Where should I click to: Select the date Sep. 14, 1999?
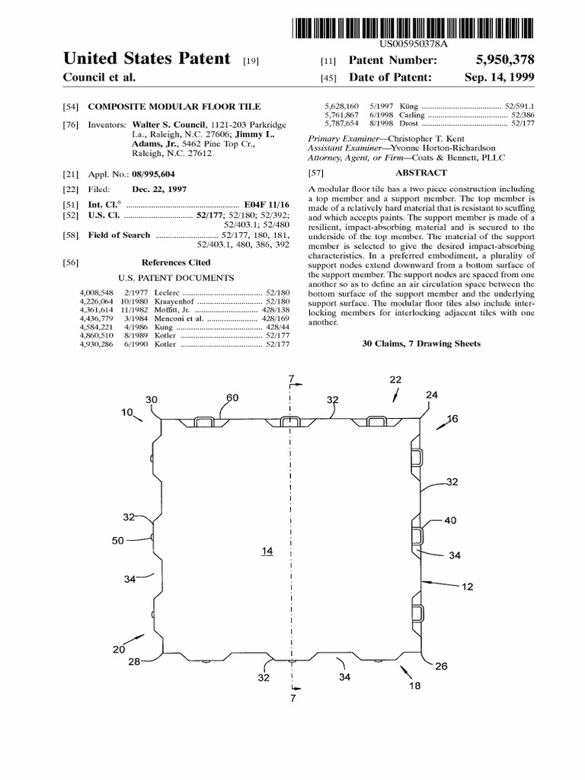tap(499, 78)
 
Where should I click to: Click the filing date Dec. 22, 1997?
tap(159, 190)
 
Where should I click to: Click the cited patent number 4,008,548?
tap(95, 292)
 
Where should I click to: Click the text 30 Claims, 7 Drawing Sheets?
tap(420, 344)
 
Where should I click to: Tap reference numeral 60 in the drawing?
tap(232, 398)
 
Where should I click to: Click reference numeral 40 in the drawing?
tap(450, 521)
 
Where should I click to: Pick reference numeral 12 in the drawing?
tap(467, 586)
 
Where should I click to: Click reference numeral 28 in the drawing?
tap(135, 661)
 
